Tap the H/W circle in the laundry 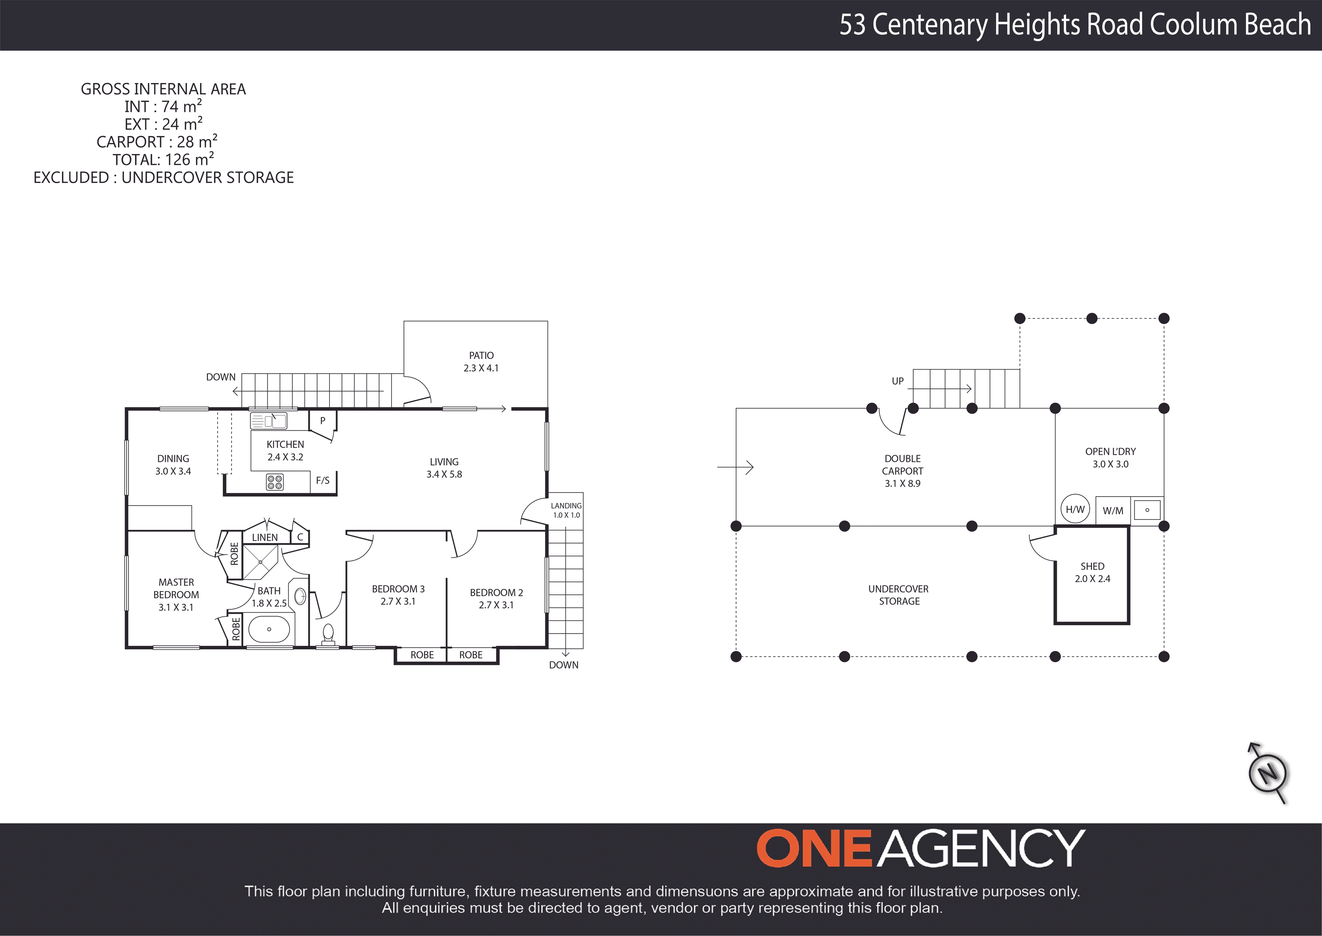[1075, 509]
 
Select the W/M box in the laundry [1113, 511]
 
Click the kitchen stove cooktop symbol [275, 482]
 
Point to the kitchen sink [269, 421]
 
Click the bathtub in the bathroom [269, 629]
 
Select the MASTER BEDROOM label [176, 588]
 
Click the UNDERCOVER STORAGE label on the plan [899, 595]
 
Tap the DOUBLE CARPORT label [902, 464]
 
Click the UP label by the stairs [898, 381]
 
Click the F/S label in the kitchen [323, 480]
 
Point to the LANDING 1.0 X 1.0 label [566, 510]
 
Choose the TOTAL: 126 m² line [163, 159]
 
